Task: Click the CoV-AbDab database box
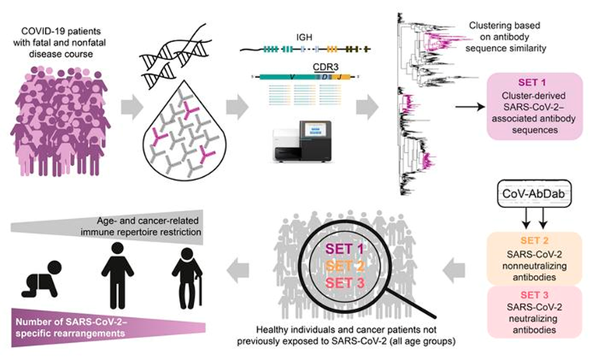pos(533,193)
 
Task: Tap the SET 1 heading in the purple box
pos(532,82)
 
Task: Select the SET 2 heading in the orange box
pos(534,241)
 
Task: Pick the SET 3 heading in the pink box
pos(534,295)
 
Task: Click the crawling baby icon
pos(41,279)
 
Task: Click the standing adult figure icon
pos(118,275)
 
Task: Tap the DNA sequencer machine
pos(302,142)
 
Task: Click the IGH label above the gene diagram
pos(304,37)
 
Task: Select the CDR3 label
pos(325,67)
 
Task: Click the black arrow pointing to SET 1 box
pos(470,107)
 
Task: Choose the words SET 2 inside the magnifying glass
pos(344,266)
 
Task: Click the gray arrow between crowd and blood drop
pos(132,108)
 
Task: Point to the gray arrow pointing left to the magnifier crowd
pos(454,270)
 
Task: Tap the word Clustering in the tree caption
pos(487,26)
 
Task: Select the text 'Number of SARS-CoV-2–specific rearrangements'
pos(71,327)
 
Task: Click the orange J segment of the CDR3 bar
pos(340,77)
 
